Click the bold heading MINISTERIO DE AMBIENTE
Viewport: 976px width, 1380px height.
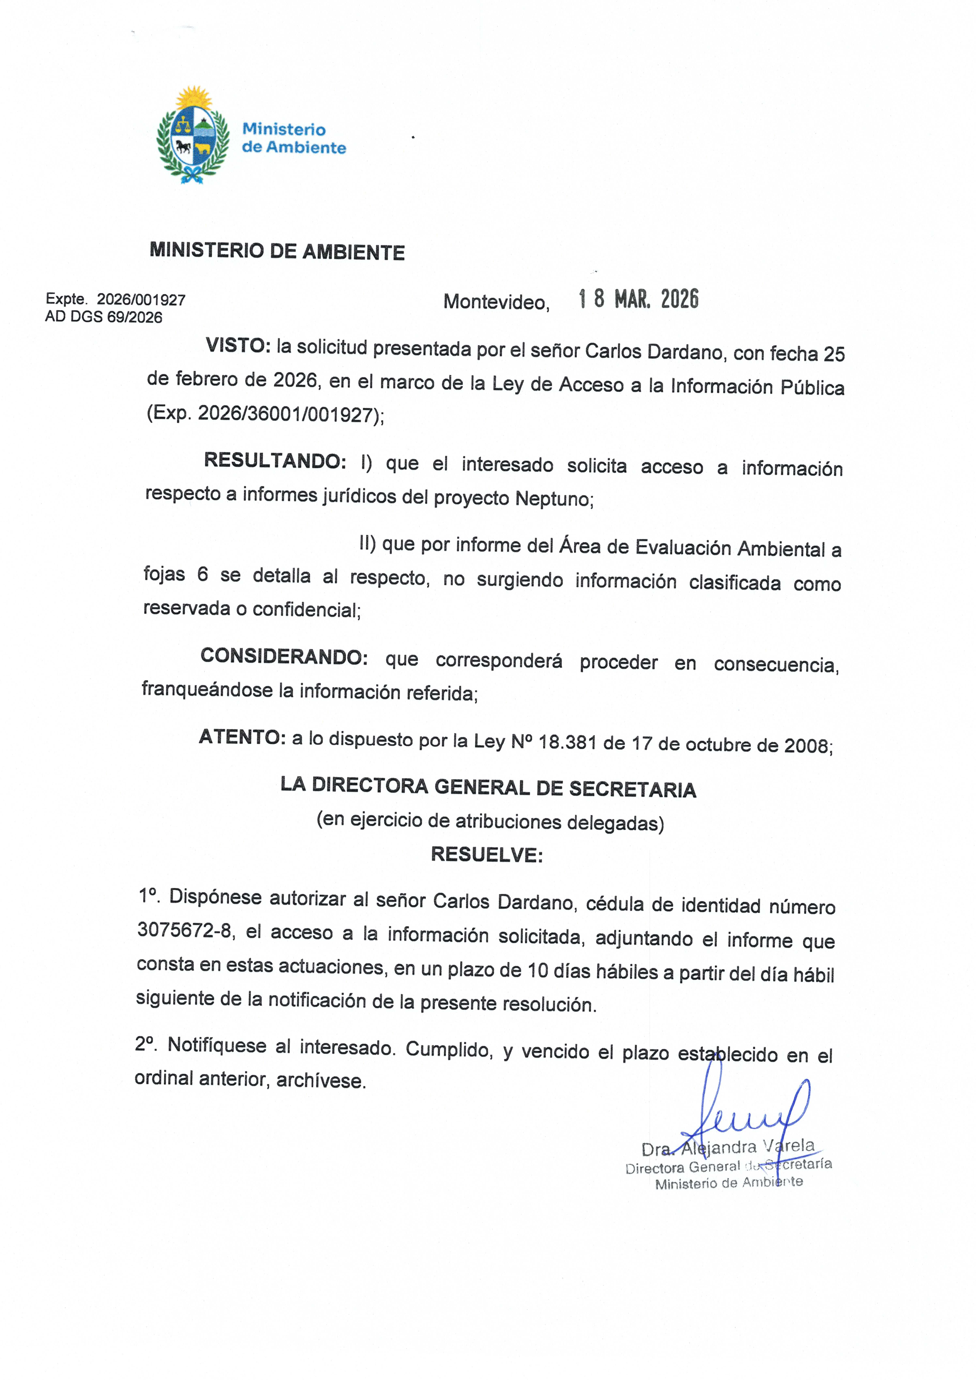277,251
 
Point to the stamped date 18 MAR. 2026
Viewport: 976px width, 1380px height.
638,299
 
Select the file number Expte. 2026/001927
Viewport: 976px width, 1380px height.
115,299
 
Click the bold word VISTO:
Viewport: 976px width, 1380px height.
238,346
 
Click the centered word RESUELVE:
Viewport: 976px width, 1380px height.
487,855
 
